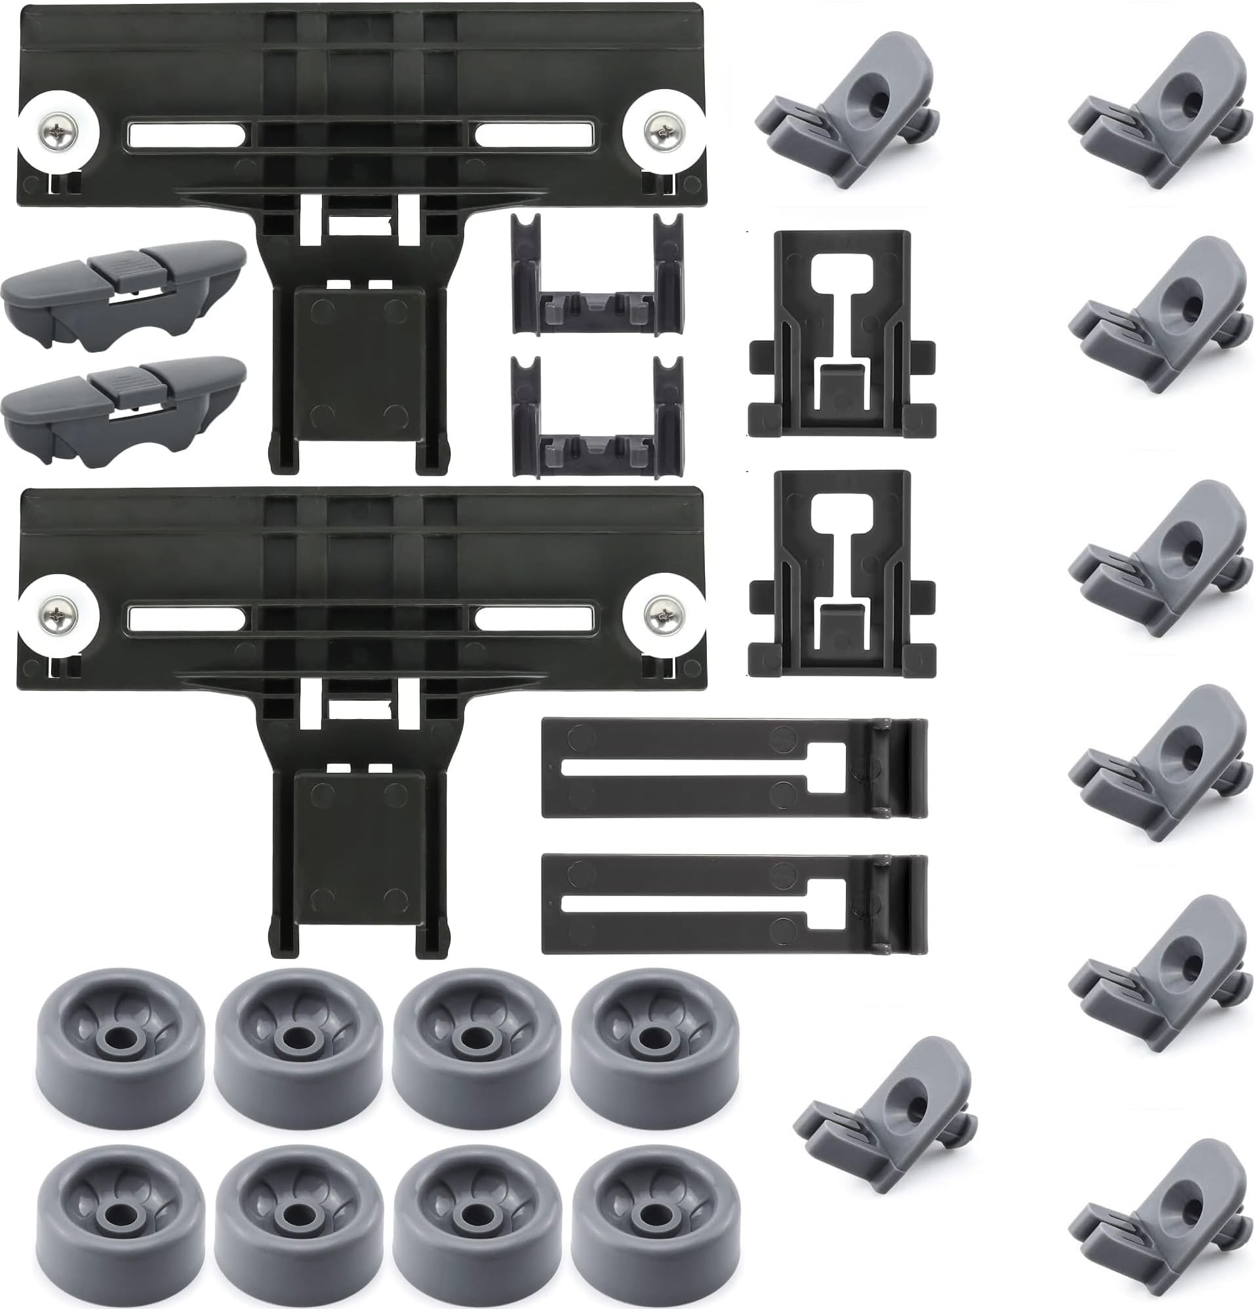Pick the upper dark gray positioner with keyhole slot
841,334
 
